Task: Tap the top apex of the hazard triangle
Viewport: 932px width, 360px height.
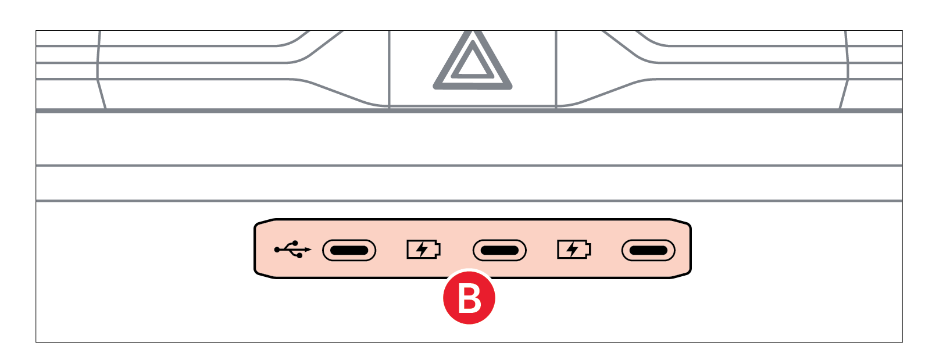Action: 472,31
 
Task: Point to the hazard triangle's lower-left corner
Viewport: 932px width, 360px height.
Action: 435,87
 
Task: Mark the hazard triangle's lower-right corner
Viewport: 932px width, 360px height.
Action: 510,87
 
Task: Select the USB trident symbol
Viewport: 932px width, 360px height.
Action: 292,249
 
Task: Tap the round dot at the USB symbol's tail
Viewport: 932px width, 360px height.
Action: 277,249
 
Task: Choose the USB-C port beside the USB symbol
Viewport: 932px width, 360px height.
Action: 349,250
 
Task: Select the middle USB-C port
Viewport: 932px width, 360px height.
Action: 499,250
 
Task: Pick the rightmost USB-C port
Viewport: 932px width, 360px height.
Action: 648,250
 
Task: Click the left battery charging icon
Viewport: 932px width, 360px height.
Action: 424,249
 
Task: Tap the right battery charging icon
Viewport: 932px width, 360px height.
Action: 574,249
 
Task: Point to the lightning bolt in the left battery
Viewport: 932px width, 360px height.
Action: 422,249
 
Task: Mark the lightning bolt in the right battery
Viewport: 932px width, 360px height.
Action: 573,249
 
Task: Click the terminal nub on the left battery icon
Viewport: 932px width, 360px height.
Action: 438,249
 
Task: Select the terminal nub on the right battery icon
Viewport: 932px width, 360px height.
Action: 589,249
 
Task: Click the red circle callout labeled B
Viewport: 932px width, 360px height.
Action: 469,298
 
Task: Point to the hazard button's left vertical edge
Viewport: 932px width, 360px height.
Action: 389,69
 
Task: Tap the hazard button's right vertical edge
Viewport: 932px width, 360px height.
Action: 556,69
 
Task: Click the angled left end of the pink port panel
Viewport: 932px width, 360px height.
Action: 255,249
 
